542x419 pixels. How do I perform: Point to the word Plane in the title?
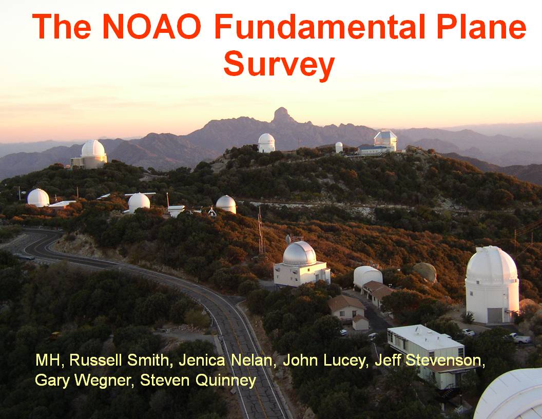(x=481, y=27)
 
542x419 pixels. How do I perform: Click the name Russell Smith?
(x=119, y=360)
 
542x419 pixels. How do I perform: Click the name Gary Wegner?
(x=82, y=381)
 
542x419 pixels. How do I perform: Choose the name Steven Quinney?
(x=198, y=381)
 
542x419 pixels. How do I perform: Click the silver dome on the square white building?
(x=299, y=254)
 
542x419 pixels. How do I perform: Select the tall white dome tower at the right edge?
(x=492, y=284)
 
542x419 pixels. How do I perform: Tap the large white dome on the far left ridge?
(x=93, y=149)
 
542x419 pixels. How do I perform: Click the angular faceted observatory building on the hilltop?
(x=385, y=140)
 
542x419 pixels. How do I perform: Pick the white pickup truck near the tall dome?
(x=519, y=338)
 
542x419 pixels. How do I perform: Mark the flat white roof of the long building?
(x=424, y=337)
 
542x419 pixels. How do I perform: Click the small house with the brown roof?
(x=346, y=308)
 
